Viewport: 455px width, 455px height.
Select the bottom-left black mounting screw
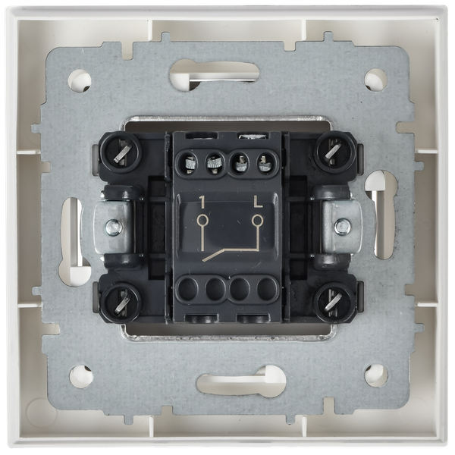[121, 301]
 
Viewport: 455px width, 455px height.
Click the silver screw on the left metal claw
[112, 226]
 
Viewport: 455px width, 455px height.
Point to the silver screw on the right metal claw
[342, 226]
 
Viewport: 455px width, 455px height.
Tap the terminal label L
[257, 202]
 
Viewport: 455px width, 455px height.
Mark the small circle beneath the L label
[257, 221]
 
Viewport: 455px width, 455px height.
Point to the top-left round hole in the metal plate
[80, 79]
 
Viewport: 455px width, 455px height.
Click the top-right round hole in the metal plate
[374, 78]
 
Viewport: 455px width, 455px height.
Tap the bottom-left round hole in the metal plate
[80, 374]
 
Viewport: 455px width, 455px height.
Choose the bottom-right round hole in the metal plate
[374, 374]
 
